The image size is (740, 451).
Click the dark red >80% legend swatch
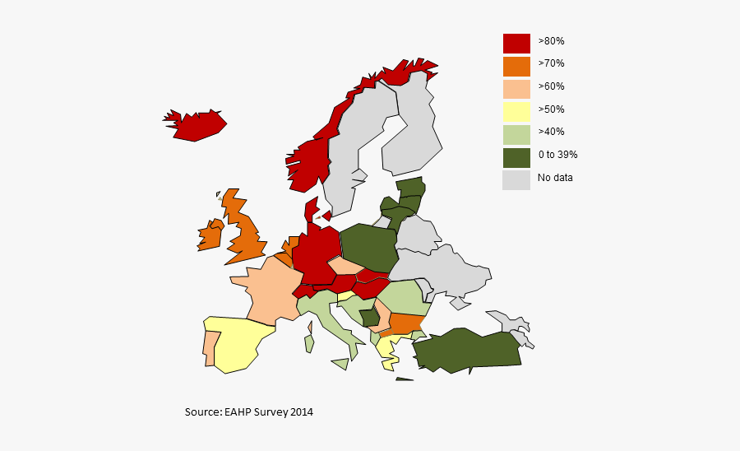tap(516, 43)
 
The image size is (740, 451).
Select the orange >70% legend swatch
tap(516, 65)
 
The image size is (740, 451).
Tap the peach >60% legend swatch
tap(516, 88)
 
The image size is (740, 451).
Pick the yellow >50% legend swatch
tap(516, 111)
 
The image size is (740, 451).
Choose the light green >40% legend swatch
tap(516, 133)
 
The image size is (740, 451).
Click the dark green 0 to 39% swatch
tap(516, 156)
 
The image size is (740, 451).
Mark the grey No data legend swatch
tap(516, 179)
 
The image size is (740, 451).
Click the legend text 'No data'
tap(555, 178)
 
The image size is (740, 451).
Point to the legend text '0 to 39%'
tap(558, 155)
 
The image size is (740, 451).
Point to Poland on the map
tap(368, 247)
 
